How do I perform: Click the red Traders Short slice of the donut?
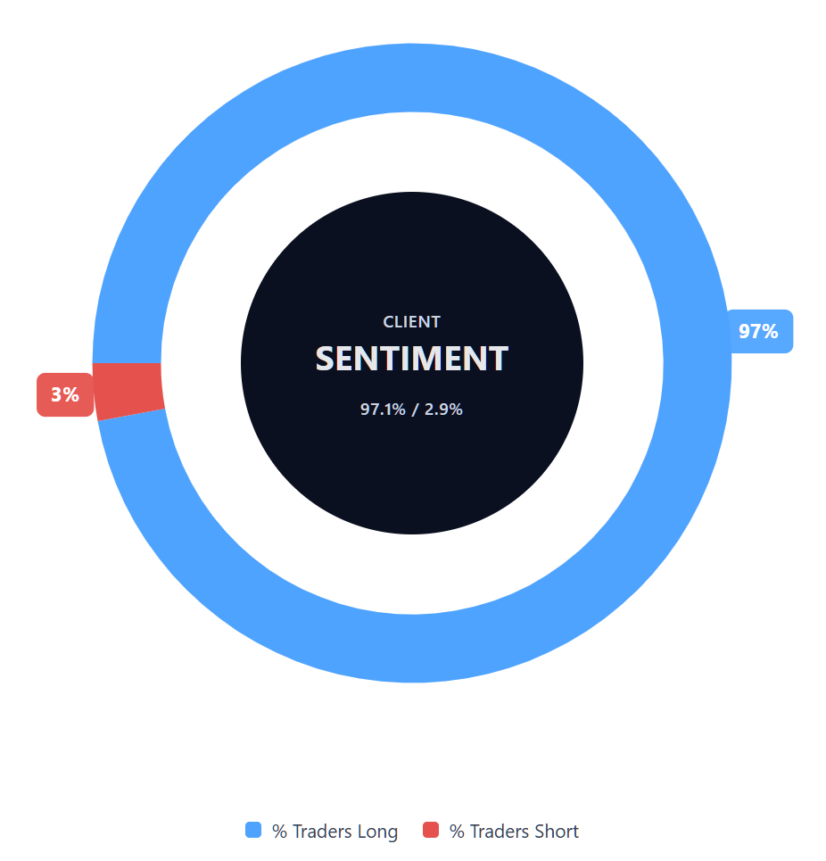coord(128,391)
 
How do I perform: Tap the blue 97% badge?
coord(759,331)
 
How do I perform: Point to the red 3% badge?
coord(65,394)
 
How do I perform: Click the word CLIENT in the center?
coord(412,322)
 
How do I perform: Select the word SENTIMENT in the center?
coord(412,359)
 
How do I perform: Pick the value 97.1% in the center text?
coord(383,410)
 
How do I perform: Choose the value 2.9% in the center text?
coord(443,410)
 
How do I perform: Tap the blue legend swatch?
coord(253,831)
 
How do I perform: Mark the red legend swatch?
coord(431,831)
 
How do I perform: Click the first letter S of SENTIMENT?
coord(326,359)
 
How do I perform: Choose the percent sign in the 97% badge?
coord(770,331)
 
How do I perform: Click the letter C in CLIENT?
coord(388,322)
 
